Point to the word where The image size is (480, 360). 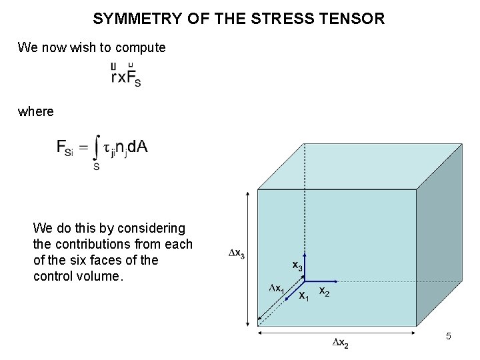(x=36, y=111)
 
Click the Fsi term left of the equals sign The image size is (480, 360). (x=68, y=149)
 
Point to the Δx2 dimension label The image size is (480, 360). (x=339, y=343)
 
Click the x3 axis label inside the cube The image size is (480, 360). (x=297, y=265)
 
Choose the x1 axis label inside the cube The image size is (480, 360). (x=303, y=295)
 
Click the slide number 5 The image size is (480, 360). (x=448, y=337)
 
